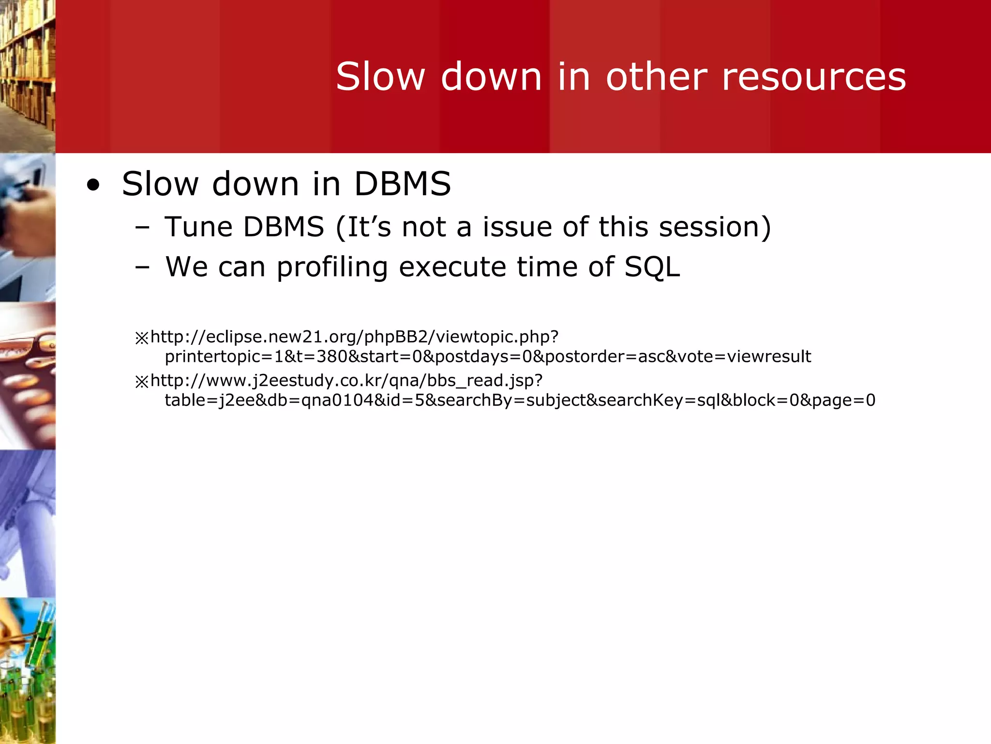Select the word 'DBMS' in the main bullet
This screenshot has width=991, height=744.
click(x=403, y=184)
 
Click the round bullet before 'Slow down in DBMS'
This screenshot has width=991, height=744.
click(x=93, y=186)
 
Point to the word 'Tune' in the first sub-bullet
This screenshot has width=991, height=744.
click(x=198, y=227)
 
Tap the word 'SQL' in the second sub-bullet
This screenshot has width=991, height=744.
click(x=652, y=267)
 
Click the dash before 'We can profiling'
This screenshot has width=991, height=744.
click(x=142, y=267)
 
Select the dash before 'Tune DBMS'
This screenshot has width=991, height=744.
click(x=142, y=227)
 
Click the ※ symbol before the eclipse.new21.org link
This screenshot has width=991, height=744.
click(x=142, y=338)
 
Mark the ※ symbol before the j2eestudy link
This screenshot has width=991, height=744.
click(x=142, y=382)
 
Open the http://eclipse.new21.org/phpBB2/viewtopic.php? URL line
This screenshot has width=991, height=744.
click(x=354, y=337)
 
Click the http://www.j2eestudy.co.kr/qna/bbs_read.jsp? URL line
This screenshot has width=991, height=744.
click(x=346, y=381)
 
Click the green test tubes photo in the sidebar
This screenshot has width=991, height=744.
click(x=28, y=671)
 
